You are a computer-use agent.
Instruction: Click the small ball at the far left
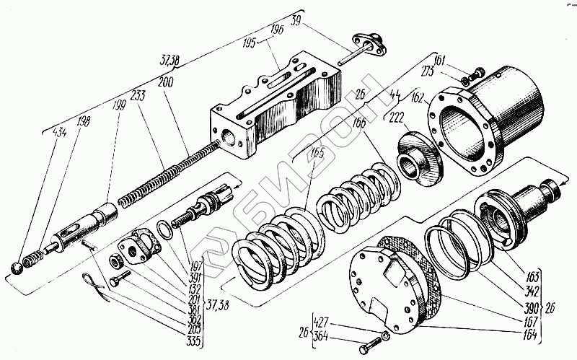[17, 269]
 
